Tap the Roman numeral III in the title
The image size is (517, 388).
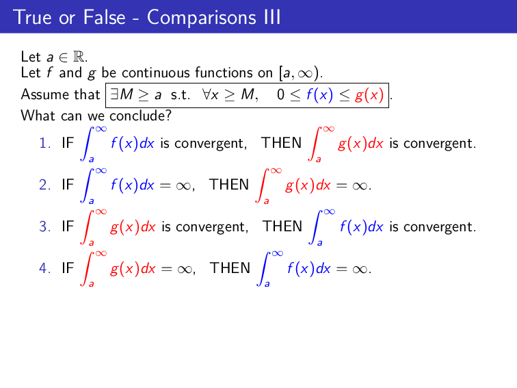pyautogui.click(x=270, y=16)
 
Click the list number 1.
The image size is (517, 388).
pyautogui.click(x=44, y=144)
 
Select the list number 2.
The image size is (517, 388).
pyautogui.click(x=44, y=185)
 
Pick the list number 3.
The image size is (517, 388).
pyautogui.click(x=44, y=227)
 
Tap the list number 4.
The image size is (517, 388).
pyautogui.click(x=44, y=268)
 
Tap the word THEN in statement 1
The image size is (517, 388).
pyautogui.click(x=281, y=143)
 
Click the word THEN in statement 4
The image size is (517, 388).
pyautogui.click(x=230, y=268)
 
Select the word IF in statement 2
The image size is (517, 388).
pyautogui.click(x=68, y=185)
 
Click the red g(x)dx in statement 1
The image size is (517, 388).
pyautogui.click(x=361, y=144)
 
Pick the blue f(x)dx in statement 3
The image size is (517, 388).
pyautogui.click(x=362, y=227)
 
